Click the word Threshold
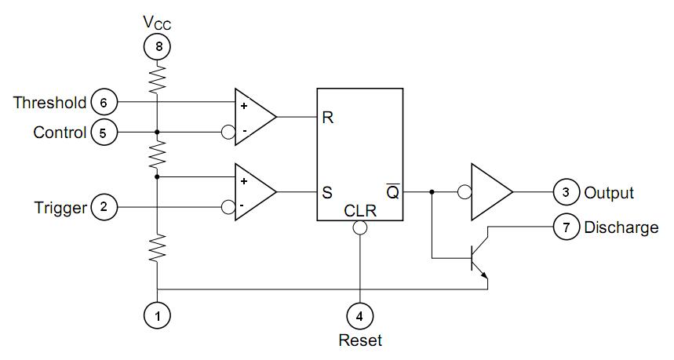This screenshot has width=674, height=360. (50, 103)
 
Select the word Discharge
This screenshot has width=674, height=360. (621, 227)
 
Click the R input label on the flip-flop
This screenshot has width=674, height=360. (327, 118)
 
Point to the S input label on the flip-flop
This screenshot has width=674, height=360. (327, 192)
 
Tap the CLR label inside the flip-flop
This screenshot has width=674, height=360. (360, 211)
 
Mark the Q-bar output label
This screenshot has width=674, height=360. (393, 191)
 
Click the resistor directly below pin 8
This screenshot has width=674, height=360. (158, 78)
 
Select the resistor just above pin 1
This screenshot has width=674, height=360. (158, 248)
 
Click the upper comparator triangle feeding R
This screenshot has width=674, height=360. (255, 117)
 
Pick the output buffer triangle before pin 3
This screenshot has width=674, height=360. (491, 192)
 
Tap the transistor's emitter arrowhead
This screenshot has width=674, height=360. (484, 275)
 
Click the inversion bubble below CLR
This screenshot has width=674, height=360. (360, 227)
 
